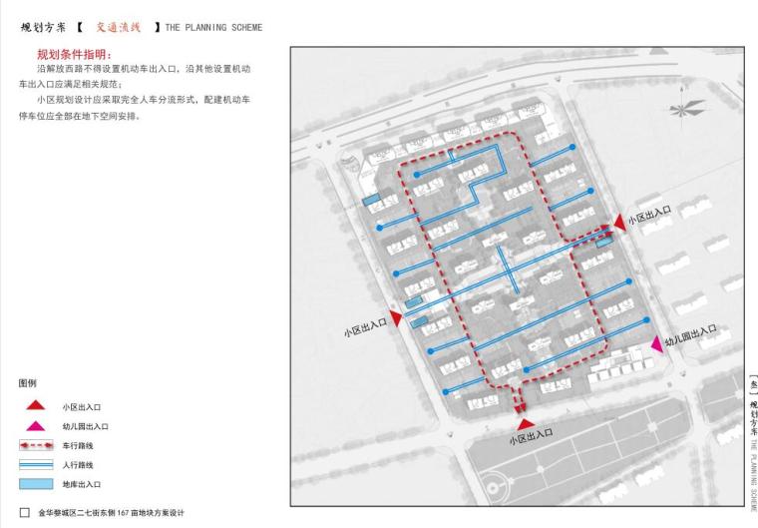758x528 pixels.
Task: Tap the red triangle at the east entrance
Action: pyautogui.click(x=618, y=224)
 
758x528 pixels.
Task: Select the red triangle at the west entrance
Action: pyautogui.click(x=397, y=318)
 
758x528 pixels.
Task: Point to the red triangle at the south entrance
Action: pyautogui.click(x=525, y=424)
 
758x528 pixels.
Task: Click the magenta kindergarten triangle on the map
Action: pyautogui.click(x=657, y=343)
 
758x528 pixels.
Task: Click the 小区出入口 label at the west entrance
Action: pyautogui.click(x=365, y=327)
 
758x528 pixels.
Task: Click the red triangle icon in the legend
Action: pyautogui.click(x=35, y=405)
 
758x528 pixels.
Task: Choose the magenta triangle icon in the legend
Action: pyautogui.click(x=35, y=425)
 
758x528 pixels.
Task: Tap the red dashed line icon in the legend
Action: pyautogui.click(x=36, y=445)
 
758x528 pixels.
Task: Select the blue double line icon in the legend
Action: pyautogui.click(x=36, y=465)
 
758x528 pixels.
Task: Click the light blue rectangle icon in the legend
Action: pyautogui.click(x=36, y=484)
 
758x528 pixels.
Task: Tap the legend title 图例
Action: pyautogui.click(x=27, y=382)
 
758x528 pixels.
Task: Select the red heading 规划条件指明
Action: pyautogui.click(x=74, y=54)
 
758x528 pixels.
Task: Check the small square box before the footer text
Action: pyautogui.click(x=24, y=513)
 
